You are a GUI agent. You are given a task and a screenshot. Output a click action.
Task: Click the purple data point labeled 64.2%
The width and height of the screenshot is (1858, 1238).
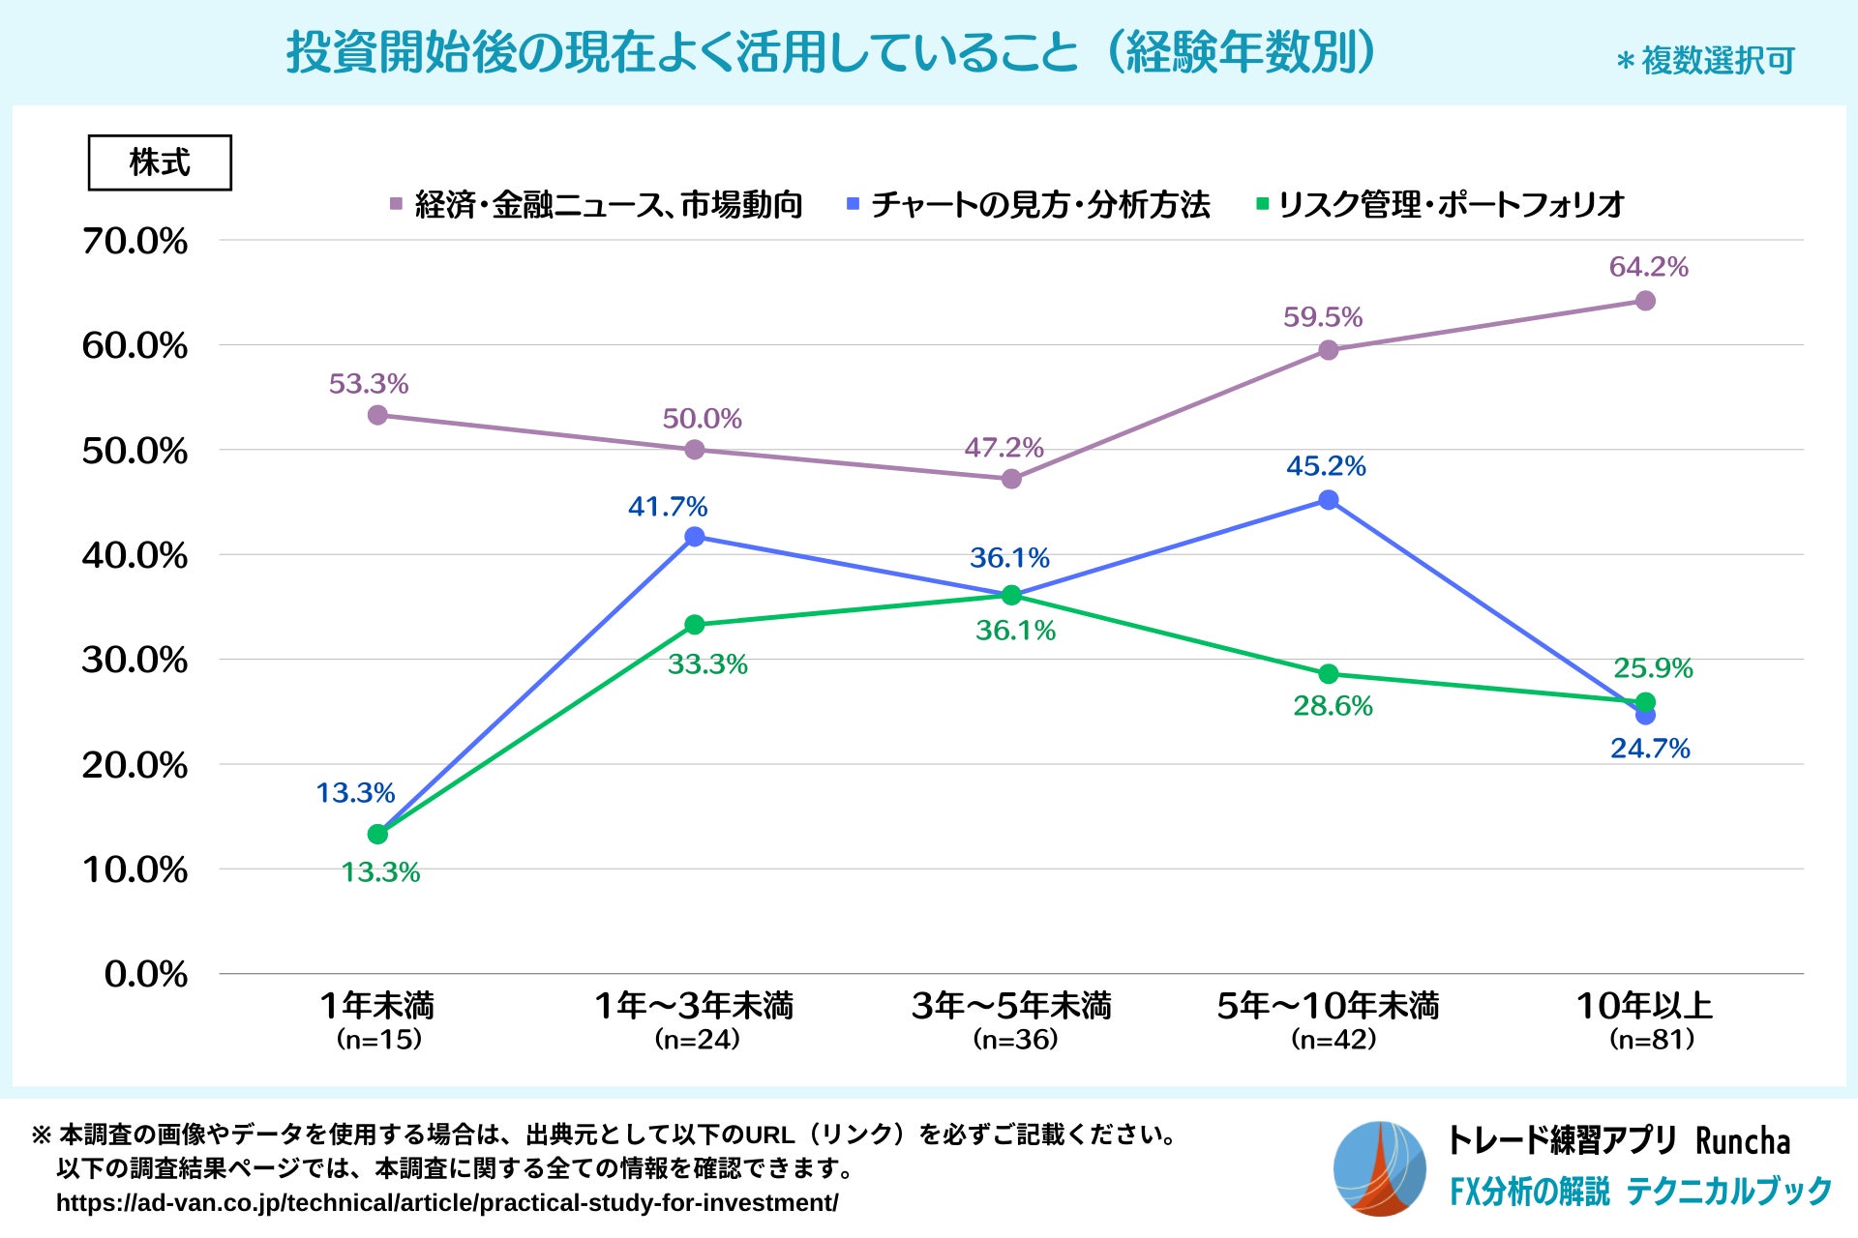click(1645, 301)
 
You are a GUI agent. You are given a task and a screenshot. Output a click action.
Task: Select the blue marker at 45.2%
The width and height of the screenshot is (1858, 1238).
click(1329, 500)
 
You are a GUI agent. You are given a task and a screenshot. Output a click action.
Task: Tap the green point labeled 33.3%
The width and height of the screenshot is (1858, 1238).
click(694, 625)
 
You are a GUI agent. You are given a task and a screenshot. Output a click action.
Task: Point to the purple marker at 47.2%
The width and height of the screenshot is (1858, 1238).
click(1011, 479)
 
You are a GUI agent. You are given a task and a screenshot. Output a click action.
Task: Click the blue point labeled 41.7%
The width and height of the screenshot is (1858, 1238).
click(694, 537)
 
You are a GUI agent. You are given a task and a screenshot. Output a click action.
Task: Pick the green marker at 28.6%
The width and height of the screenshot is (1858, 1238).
click(1329, 674)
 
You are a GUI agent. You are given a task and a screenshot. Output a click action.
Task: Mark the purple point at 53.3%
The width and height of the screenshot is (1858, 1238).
click(377, 415)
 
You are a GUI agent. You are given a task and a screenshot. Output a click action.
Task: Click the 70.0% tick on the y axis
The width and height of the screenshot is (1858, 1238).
click(135, 241)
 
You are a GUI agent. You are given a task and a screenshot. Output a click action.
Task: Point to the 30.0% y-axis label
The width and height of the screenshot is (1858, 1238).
click(135, 660)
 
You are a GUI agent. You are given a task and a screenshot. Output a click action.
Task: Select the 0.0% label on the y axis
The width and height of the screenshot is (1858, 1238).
click(146, 974)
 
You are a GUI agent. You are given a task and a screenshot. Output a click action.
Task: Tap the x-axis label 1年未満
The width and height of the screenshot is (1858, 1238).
click(377, 1006)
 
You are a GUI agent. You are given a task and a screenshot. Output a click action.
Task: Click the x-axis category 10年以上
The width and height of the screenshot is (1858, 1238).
click(1645, 1006)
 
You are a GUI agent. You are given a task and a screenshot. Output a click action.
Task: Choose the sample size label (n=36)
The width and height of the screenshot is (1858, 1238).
click(1015, 1040)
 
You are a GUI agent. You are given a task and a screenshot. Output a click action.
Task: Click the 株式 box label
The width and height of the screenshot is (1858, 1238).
click(160, 162)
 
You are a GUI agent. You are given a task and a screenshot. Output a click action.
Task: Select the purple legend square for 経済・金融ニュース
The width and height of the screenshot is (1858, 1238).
click(396, 204)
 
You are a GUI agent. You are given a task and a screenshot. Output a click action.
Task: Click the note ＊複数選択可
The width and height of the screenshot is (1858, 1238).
click(1705, 61)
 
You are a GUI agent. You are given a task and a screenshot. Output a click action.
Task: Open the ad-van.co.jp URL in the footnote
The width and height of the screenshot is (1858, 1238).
click(447, 1203)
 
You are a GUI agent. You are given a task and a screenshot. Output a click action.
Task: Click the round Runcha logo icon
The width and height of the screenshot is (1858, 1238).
click(1379, 1168)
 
